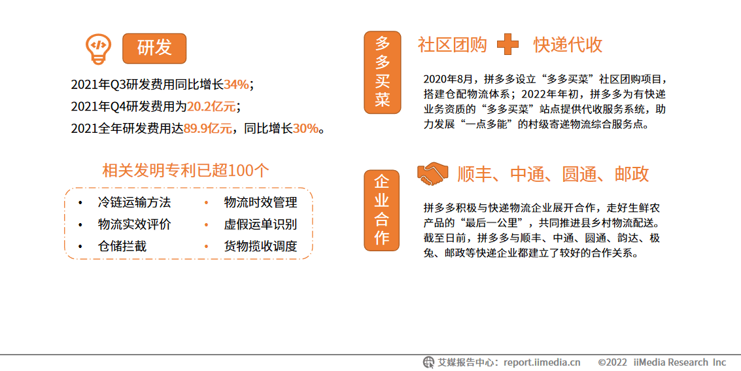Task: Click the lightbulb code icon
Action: (98, 48)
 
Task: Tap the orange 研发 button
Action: (154, 48)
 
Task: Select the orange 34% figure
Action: (236, 84)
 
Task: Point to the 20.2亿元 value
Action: (211, 106)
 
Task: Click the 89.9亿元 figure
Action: (207, 128)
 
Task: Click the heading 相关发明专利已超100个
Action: (186, 170)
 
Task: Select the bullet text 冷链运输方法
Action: (134, 202)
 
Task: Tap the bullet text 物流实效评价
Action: (134, 224)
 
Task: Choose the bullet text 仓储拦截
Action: (122, 246)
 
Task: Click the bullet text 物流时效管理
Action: (260, 202)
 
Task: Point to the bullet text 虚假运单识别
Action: (260, 224)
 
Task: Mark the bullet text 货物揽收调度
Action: (260, 246)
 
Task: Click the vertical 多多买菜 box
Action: (382, 72)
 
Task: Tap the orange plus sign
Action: (508, 44)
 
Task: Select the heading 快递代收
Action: (567, 44)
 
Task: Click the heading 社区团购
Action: (453, 44)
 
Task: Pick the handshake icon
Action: (432, 173)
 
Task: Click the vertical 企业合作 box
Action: (382, 210)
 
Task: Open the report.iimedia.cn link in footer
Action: (542, 362)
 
